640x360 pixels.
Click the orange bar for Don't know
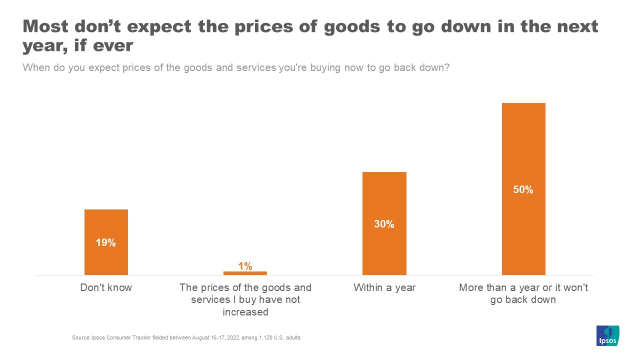(106, 225)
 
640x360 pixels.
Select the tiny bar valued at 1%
(245, 273)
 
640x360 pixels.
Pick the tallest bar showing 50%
(523, 150)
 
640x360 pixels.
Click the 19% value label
(106, 243)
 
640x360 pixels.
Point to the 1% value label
(245, 266)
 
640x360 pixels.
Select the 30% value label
(384, 224)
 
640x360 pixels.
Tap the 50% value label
(523, 190)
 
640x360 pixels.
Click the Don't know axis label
(106, 288)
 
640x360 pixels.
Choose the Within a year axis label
(384, 288)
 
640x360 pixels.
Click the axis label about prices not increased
(245, 300)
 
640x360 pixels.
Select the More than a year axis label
(523, 294)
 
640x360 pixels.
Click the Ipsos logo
(608, 335)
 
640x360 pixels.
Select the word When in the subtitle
(37, 67)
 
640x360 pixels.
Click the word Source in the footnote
(80, 338)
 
